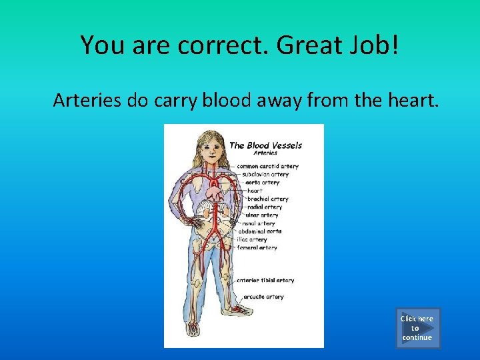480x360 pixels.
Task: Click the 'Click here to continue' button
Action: click(x=417, y=328)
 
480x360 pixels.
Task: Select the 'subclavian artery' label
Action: click(x=265, y=174)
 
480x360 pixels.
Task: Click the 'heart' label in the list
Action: click(x=255, y=191)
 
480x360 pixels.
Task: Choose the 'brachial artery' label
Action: click(x=268, y=199)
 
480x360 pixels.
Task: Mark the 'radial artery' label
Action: click(x=265, y=207)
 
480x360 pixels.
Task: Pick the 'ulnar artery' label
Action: click(x=263, y=215)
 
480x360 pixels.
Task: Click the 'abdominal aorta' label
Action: click(x=262, y=231)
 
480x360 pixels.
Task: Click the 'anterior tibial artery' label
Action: click(x=265, y=280)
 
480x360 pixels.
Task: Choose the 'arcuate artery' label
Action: click(x=264, y=297)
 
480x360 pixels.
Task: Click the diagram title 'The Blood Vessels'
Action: click(x=265, y=145)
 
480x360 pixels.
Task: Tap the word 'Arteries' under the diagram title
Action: click(x=265, y=153)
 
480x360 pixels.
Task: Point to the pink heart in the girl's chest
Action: click(x=215, y=193)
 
